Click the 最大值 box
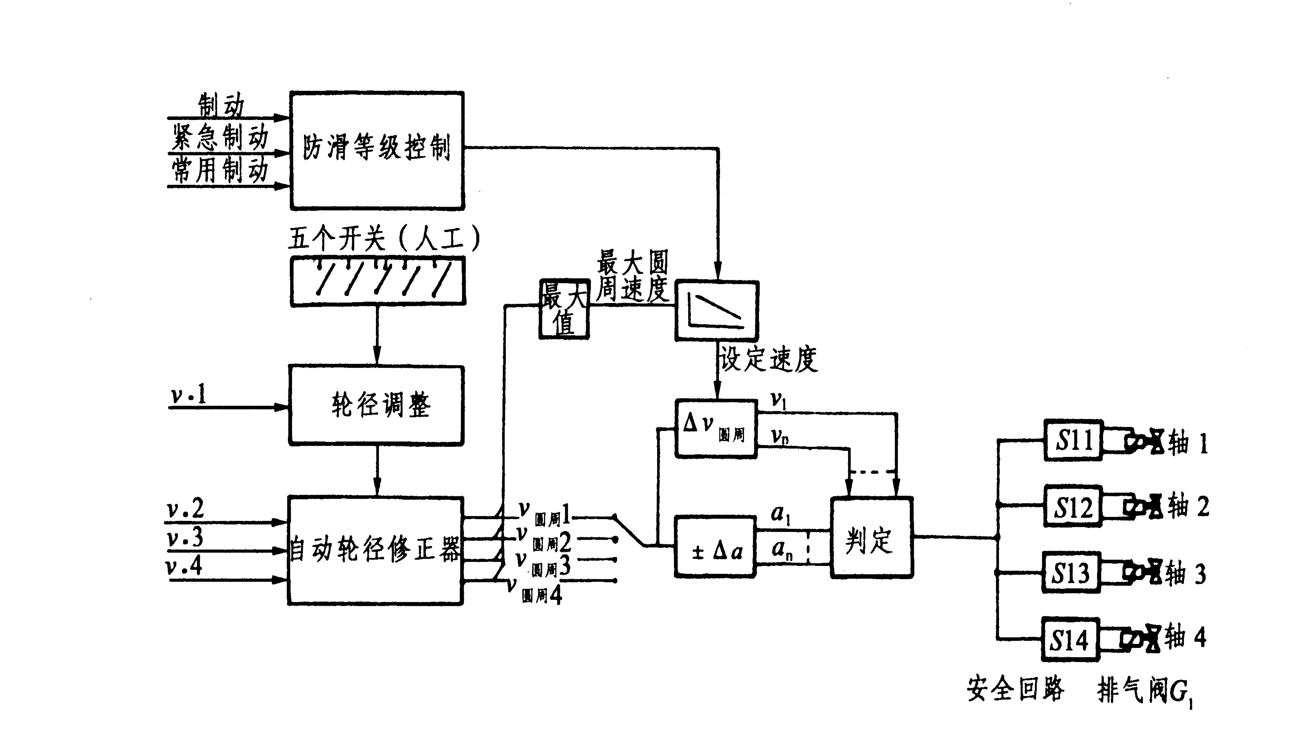pos(564,309)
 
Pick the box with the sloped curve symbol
pos(716,310)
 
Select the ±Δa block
pos(715,546)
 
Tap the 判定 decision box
pos(871,537)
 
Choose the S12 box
pos(1072,506)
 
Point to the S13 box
pos(1070,573)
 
